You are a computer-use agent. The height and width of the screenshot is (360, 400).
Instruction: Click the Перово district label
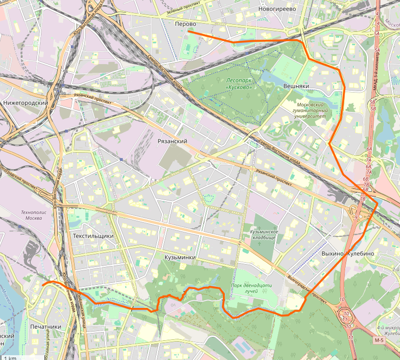(185, 24)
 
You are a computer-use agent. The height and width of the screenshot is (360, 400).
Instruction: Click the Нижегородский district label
(25, 103)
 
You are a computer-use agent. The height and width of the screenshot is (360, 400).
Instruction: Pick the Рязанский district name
(172, 141)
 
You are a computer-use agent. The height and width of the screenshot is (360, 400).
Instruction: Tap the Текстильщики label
(93, 236)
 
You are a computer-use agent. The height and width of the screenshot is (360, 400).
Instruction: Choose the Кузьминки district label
(180, 257)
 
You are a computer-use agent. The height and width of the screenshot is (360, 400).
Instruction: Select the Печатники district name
(46, 327)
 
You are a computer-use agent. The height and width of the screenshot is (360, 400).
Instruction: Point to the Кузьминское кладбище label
(264, 235)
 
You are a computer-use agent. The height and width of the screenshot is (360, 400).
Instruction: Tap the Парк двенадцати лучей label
(251, 288)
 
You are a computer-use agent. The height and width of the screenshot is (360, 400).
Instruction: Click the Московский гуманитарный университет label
(312, 111)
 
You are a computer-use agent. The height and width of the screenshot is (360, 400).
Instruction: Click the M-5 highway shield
(379, 341)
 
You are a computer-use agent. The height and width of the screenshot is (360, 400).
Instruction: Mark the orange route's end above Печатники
(43, 285)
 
